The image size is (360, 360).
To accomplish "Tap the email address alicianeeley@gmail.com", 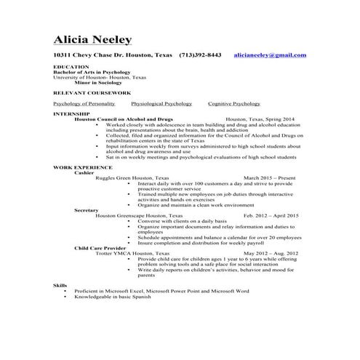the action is point(270,55).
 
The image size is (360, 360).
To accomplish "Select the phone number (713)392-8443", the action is point(200,55).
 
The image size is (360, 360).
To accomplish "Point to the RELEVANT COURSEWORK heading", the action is point(87,94).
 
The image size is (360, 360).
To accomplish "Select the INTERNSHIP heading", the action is point(71,113).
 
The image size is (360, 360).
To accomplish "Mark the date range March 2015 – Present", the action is point(270,177).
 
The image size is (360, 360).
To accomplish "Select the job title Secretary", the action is point(87,209).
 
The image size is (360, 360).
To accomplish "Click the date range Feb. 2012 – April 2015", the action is point(271,215).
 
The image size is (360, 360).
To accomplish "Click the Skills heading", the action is point(60,286).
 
